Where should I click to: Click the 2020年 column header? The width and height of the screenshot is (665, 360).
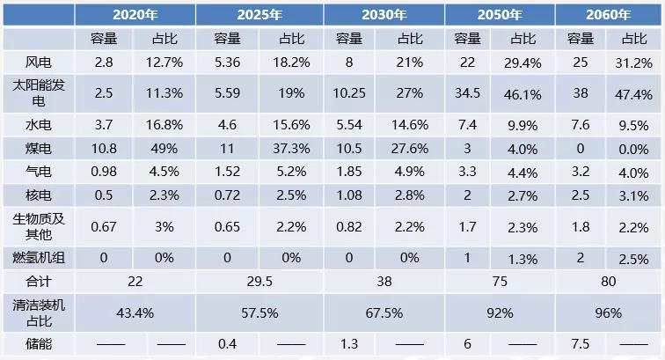pyautogui.click(x=135, y=14)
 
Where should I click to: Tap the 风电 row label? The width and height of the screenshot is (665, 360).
pyautogui.click(x=40, y=61)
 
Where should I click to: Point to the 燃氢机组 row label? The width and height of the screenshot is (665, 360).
pyautogui.click(x=40, y=258)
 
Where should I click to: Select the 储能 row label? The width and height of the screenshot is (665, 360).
pyautogui.click(x=40, y=343)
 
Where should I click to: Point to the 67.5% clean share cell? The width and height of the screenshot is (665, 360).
pyautogui.click(x=384, y=312)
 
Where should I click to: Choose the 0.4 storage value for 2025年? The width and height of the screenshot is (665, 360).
pyautogui.click(x=228, y=343)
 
